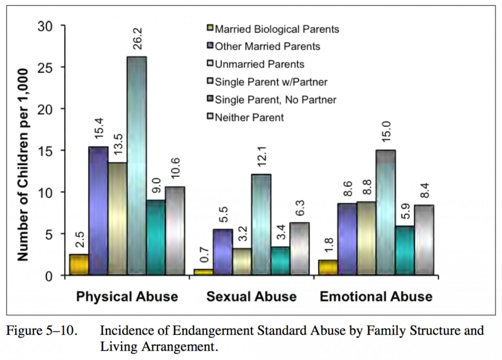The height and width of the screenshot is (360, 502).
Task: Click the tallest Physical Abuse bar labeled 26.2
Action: click(137, 165)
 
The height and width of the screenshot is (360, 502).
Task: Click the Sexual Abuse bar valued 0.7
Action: click(204, 272)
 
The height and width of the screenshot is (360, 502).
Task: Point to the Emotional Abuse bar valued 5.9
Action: click(405, 250)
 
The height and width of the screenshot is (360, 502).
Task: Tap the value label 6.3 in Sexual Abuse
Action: click(300, 208)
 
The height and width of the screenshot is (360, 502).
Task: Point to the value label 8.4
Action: click(424, 190)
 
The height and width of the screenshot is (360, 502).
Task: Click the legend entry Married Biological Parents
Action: click(277, 29)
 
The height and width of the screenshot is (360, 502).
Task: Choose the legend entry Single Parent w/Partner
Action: click(271, 82)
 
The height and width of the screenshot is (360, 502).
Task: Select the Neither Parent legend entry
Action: click(249, 117)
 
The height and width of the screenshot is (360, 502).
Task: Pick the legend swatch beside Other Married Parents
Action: click(210, 46)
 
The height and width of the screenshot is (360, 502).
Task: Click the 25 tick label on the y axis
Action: click(45, 68)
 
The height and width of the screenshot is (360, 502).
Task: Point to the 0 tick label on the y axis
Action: click(49, 276)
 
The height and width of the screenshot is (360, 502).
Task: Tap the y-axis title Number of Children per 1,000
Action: click(23, 165)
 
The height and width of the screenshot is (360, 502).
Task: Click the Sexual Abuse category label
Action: click(251, 296)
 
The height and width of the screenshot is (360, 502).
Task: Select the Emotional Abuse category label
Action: click(376, 296)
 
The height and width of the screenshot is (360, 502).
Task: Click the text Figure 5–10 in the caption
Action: click(42, 330)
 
